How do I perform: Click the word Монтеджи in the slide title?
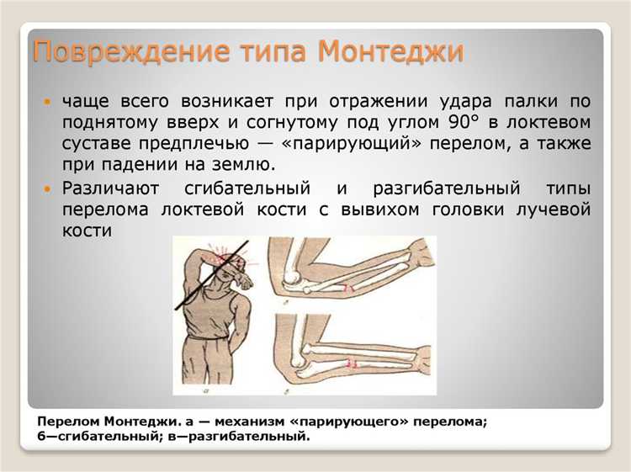(391, 52)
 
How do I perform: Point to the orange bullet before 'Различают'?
(47, 188)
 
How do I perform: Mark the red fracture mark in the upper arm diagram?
(345, 289)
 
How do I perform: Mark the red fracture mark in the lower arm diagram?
(353, 363)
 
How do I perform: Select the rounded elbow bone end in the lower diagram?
(288, 354)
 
